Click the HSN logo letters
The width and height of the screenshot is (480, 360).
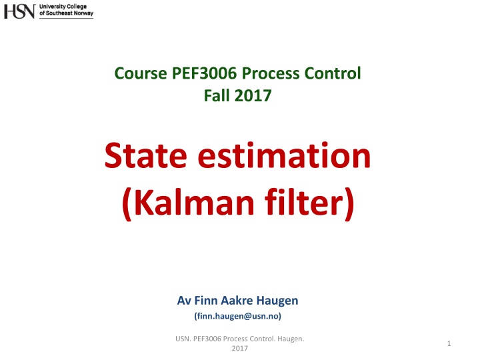(20, 11)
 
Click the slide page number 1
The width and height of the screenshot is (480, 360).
(449, 343)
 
